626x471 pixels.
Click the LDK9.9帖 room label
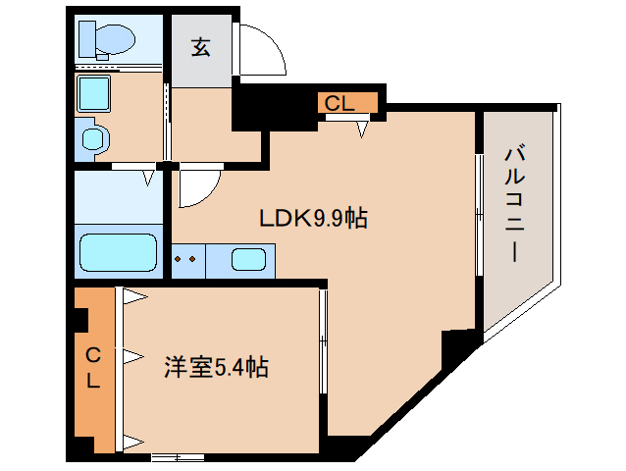(x=312, y=218)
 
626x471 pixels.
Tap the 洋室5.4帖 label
(x=216, y=368)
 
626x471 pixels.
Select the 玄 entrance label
(x=200, y=47)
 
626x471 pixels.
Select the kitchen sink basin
(x=248, y=261)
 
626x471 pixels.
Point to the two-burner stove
(x=188, y=261)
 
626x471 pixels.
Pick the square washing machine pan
(x=97, y=95)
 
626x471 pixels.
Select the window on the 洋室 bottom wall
(x=177, y=457)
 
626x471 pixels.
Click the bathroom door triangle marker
(x=149, y=179)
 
